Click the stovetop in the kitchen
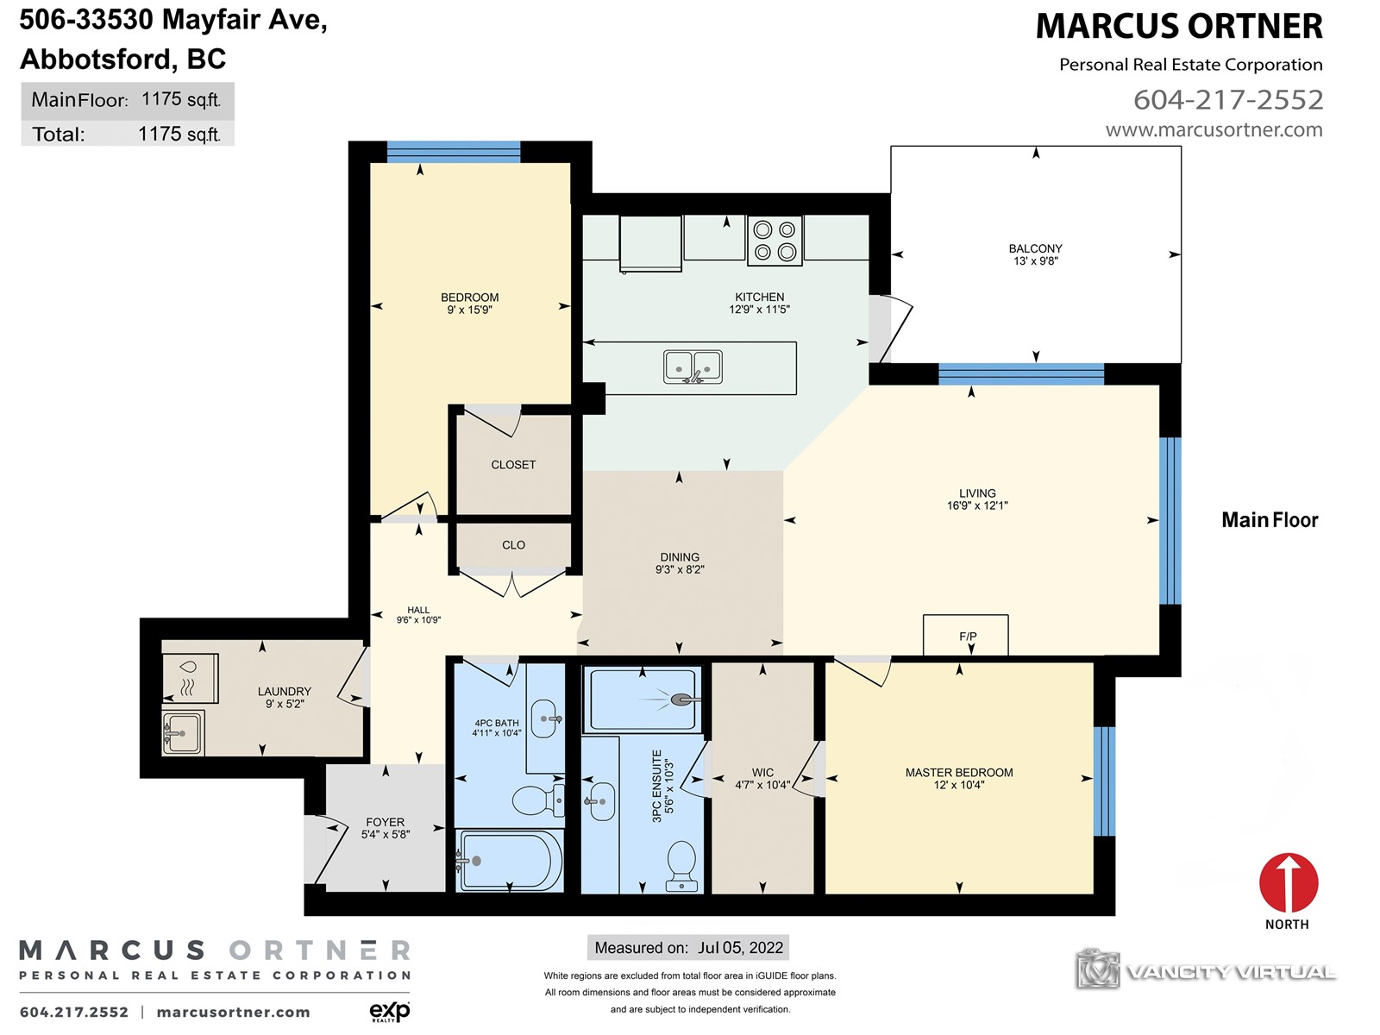point(774,240)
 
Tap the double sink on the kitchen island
point(693,367)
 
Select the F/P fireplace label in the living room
point(968,637)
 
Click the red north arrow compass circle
point(1289,882)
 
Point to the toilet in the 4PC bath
point(538,800)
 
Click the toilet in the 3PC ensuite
point(681,866)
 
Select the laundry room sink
point(183,732)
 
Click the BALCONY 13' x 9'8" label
point(1036,254)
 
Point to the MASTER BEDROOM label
point(959,772)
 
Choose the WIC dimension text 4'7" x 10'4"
point(762,785)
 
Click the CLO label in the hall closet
point(513,545)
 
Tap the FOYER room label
point(385,822)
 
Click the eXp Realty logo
point(390,1011)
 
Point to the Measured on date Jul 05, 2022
point(741,948)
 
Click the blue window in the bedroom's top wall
point(454,152)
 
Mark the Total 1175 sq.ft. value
point(179,134)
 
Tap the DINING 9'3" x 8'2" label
point(680,563)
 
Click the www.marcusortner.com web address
point(1214,130)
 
